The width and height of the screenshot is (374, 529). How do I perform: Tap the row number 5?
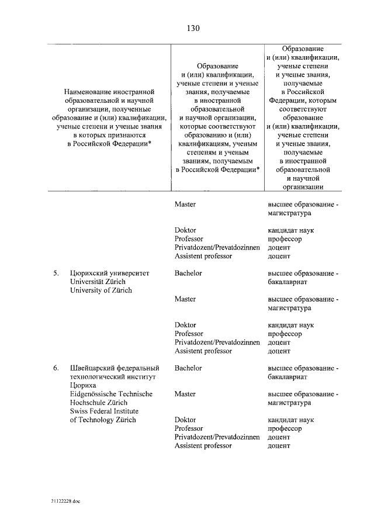pos(56,273)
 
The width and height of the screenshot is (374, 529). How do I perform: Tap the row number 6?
pos(56,368)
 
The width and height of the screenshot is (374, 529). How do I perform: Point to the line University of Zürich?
pos(101,291)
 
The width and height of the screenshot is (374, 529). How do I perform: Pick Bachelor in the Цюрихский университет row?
pos(188,273)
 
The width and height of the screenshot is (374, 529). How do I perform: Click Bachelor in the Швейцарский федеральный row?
pos(188,368)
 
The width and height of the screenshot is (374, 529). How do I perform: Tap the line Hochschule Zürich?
pos(98,403)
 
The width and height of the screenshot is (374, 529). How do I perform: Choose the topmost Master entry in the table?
pos(185,205)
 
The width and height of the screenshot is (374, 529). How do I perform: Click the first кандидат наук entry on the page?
pos(291,230)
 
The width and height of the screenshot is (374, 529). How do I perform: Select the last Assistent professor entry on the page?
pos(203,446)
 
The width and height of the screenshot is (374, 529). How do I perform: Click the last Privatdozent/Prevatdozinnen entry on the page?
pos(217,437)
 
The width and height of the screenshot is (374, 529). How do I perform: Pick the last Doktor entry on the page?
pos(185,420)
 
